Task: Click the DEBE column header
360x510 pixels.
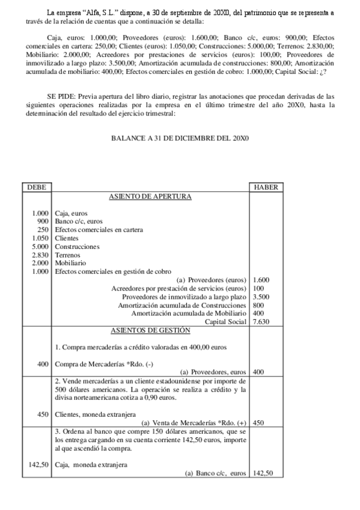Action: point(37,188)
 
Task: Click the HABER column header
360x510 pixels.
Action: point(266,188)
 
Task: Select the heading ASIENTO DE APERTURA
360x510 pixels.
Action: point(150,197)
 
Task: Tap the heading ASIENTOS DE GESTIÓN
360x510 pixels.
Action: point(150,330)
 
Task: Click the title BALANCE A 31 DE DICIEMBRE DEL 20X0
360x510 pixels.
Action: point(180,138)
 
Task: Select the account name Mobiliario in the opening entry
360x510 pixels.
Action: point(70,263)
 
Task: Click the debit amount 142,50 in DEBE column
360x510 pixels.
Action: point(38,464)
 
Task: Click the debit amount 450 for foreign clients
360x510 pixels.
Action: point(42,414)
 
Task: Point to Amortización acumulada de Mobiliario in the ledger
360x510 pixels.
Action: point(189,313)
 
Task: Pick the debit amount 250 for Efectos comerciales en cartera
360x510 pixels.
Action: point(43,230)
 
